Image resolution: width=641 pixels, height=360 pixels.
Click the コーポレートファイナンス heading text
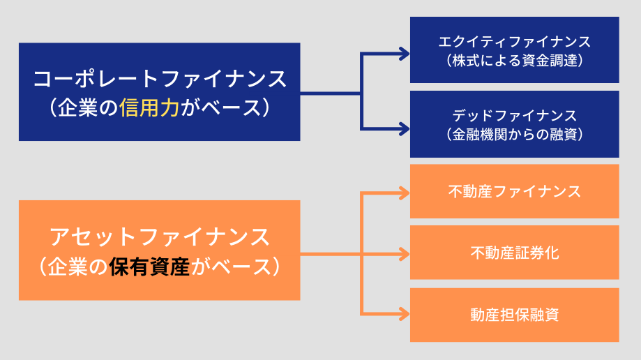160,78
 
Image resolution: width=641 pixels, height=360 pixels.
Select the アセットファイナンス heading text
160,237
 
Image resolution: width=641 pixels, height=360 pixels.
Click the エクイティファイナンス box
514,50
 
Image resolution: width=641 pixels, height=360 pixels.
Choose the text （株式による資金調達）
514,60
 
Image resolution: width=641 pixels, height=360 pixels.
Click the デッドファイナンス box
514,123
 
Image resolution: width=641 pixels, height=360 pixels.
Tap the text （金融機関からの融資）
514,133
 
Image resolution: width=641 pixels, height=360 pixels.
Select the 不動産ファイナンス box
514,191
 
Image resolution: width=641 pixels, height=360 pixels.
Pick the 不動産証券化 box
514,253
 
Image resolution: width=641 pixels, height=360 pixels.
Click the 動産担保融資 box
514,315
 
